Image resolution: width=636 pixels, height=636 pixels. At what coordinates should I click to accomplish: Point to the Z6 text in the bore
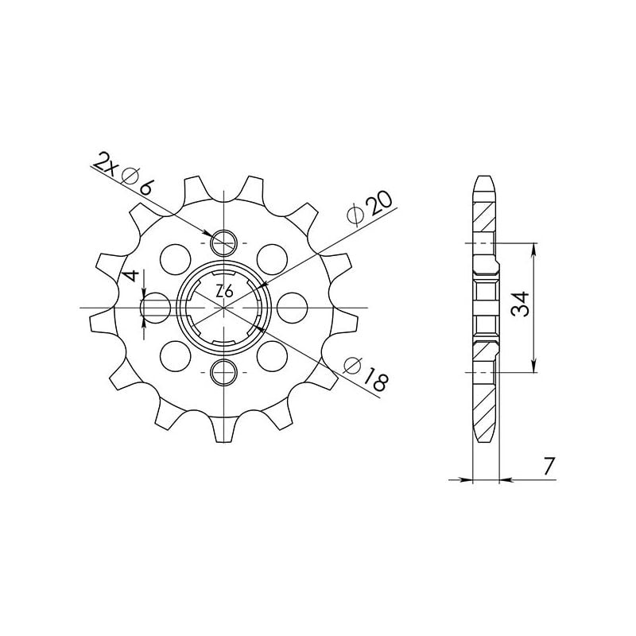pos(224,292)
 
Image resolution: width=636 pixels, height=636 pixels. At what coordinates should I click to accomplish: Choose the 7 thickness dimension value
pos(548,467)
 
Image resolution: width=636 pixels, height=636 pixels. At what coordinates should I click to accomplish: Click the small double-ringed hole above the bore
pos(225,240)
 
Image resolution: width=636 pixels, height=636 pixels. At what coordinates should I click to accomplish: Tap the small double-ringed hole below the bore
pos(225,370)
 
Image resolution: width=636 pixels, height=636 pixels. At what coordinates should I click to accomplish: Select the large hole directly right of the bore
pos(293,305)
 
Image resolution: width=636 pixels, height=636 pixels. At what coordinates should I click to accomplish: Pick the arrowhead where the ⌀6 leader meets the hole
pos(214,235)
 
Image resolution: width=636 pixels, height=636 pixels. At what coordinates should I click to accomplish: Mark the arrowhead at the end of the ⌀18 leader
pos(259,326)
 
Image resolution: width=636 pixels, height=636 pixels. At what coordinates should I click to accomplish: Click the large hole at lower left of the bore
pos(171,351)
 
